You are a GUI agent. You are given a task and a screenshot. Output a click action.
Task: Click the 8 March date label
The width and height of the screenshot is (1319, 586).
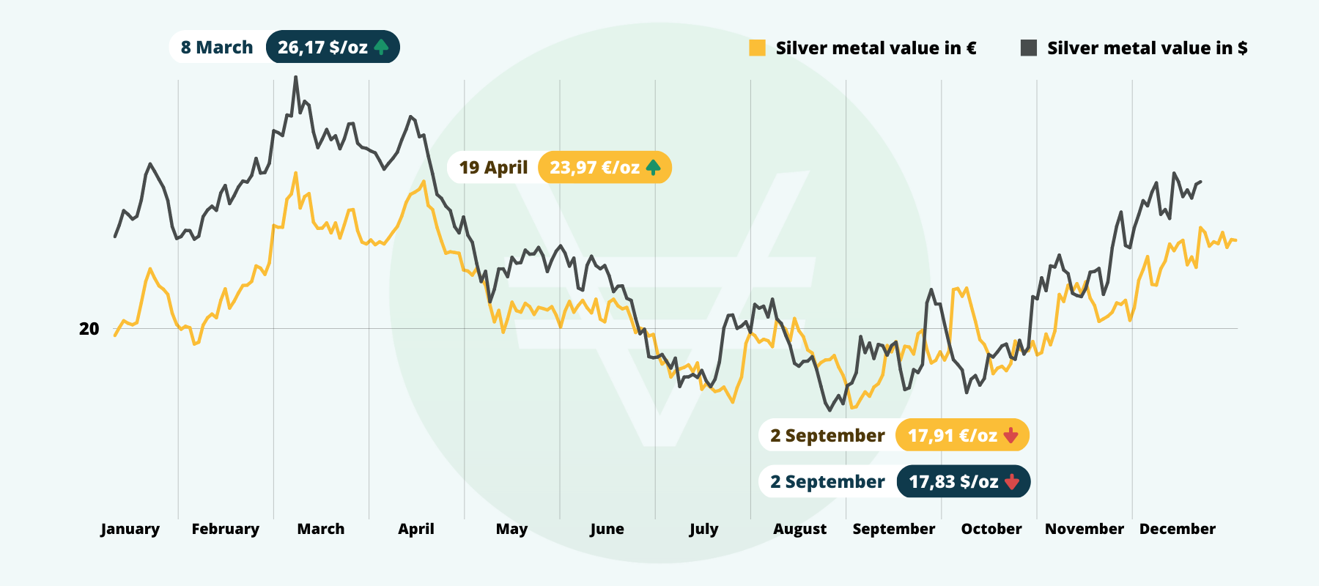click(x=217, y=48)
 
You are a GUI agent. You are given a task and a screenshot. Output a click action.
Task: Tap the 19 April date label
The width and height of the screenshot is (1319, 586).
click(x=493, y=168)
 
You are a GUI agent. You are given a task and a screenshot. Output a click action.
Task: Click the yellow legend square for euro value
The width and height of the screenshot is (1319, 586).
click(x=758, y=48)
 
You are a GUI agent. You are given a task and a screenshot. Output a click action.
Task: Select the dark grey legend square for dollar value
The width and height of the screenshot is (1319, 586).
click(x=1029, y=48)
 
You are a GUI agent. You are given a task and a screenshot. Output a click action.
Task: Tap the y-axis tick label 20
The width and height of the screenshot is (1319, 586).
click(x=89, y=329)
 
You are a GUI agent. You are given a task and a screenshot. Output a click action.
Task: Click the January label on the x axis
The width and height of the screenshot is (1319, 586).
click(x=130, y=529)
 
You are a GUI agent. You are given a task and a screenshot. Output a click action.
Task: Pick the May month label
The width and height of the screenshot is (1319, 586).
click(x=511, y=529)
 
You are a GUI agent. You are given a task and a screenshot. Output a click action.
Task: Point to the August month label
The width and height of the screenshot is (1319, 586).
click(x=799, y=529)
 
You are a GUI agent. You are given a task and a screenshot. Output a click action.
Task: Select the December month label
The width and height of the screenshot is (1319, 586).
click(x=1177, y=529)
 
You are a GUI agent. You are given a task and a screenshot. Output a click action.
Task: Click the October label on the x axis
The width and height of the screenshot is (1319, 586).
click(x=991, y=529)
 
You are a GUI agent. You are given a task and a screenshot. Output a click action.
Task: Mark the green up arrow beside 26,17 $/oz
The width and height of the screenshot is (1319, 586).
click(x=381, y=48)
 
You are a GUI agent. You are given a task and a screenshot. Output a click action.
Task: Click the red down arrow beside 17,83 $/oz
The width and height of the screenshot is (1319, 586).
click(x=1012, y=482)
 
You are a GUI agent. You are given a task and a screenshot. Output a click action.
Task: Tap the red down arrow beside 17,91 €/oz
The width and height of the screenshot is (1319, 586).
click(x=1011, y=436)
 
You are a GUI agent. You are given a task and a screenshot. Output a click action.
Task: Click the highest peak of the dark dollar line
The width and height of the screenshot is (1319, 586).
click(x=295, y=77)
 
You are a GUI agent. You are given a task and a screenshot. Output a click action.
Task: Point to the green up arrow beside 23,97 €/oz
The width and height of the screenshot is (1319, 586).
click(x=653, y=168)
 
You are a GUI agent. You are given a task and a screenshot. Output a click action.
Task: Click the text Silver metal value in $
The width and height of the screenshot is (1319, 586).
click(x=1147, y=48)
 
